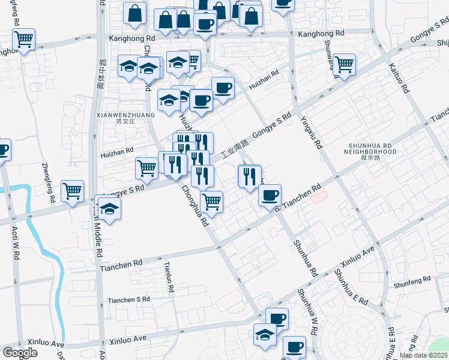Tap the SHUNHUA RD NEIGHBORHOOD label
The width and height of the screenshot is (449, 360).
[x=371, y=148]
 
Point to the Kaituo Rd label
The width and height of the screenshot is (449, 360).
[x=399, y=78]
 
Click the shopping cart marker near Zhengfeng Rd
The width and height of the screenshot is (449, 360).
[x=73, y=191]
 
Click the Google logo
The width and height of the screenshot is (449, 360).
[x=20, y=353]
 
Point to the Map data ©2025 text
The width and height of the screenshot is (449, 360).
[x=423, y=355]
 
